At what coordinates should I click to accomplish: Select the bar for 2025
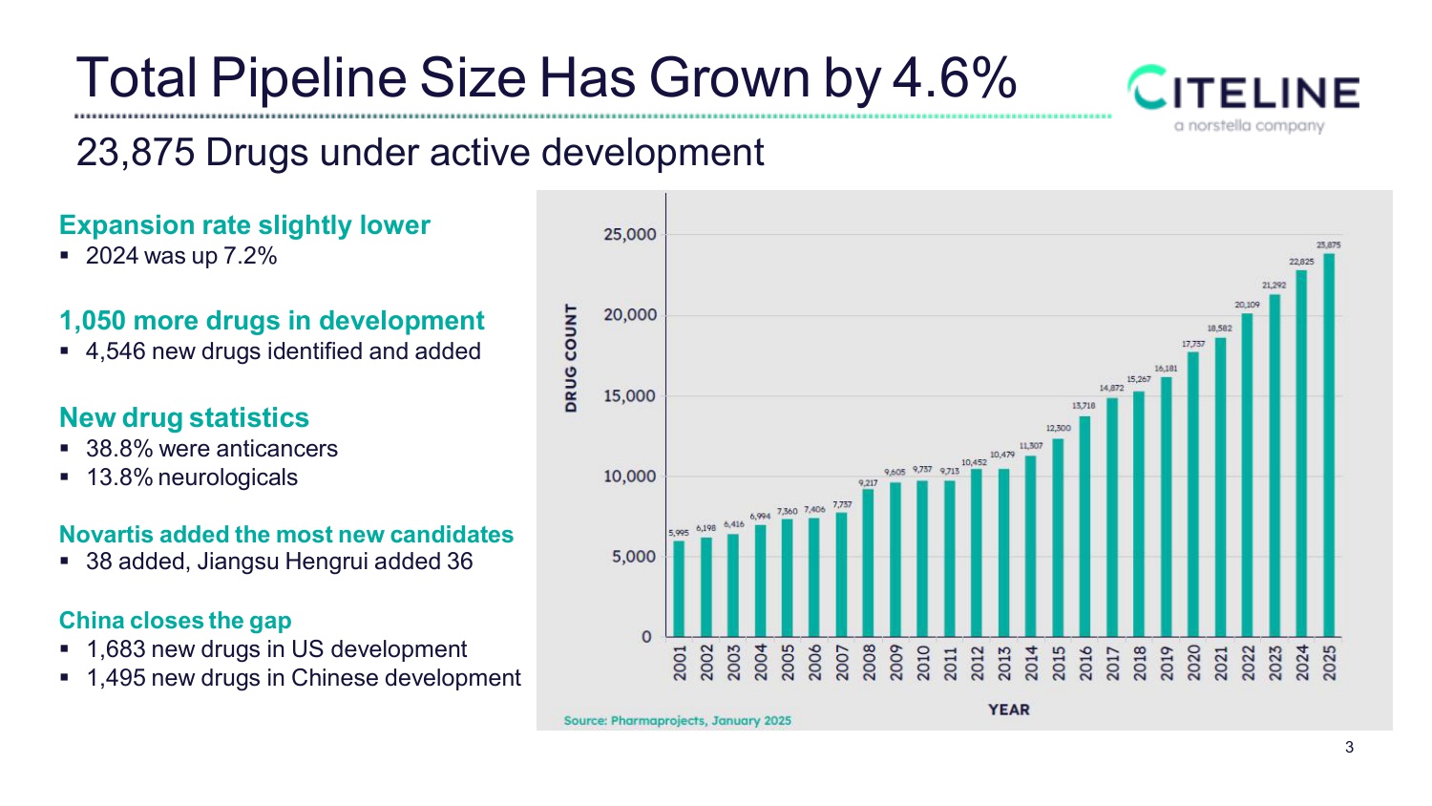(x=1329, y=445)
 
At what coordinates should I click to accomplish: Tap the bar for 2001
(x=679, y=588)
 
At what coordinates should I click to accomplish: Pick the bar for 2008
(x=868, y=562)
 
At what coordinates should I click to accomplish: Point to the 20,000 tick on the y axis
(x=630, y=315)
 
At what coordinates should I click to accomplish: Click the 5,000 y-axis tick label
(x=633, y=557)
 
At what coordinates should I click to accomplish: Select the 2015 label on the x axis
(x=1058, y=662)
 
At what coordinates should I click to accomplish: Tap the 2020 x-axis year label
(x=1193, y=662)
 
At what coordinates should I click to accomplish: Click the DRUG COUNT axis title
(x=571, y=358)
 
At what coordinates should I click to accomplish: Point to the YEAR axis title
(x=1008, y=710)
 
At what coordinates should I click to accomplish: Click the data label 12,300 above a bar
(x=1058, y=428)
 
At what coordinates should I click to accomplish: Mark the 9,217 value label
(x=868, y=483)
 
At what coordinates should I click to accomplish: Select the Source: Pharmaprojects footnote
(x=677, y=721)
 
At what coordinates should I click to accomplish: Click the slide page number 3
(x=1349, y=748)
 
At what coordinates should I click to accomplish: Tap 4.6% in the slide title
(x=954, y=78)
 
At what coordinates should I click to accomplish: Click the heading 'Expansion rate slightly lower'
(x=244, y=225)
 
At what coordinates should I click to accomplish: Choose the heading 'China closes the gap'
(x=175, y=621)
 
